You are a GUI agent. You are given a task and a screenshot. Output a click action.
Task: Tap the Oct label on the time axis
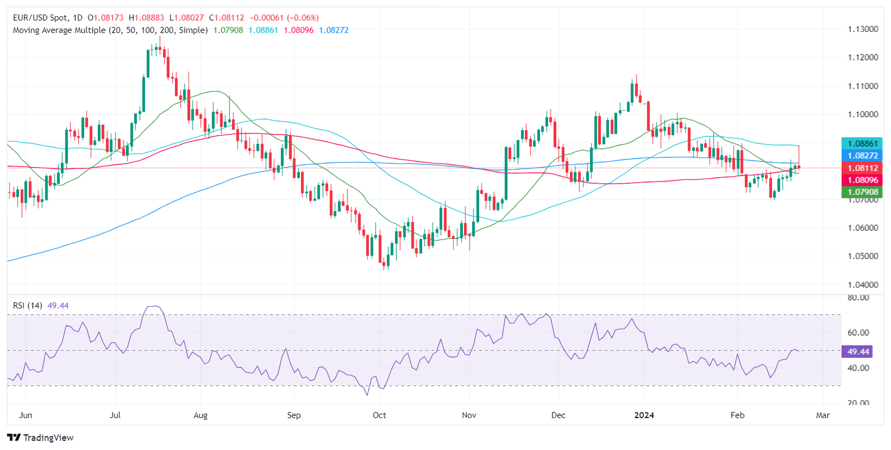[x=379, y=416]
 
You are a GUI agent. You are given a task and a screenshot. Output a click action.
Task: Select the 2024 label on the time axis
[x=644, y=416]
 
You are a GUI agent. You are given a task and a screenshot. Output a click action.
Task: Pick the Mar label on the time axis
[x=823, y=416]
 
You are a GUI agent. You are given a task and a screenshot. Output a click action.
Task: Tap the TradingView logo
[x=40, y=437]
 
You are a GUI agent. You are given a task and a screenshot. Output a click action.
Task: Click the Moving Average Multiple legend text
[x=110, y=30]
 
